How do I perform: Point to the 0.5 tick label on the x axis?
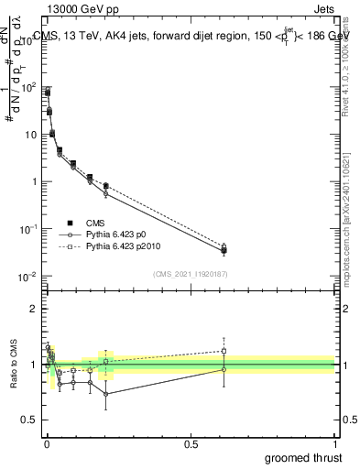click(x=191, y=443)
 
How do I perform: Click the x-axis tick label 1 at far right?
click(x=335, y=443)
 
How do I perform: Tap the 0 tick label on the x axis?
click(x=47, y=443)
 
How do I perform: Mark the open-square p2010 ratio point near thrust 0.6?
click(x=224, y=351)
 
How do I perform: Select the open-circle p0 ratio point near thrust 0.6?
click(x=224, y=369)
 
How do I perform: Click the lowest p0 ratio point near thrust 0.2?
click(x=106, y=394)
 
